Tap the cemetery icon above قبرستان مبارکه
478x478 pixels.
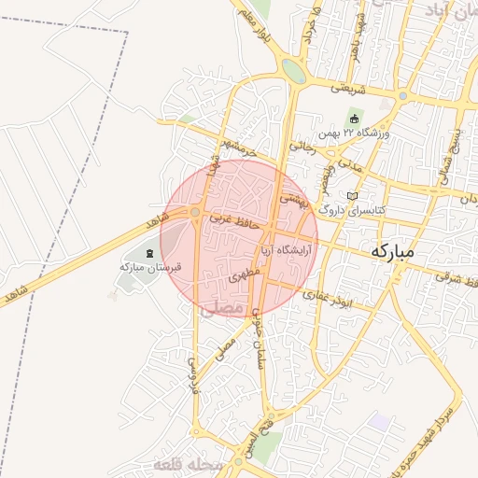pos(150,252)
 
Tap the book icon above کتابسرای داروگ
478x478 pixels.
pos(351,196)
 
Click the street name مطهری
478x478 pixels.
pos(238,275)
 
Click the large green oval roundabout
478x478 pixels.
pos(293,71)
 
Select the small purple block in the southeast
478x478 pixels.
pos(380,421)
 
